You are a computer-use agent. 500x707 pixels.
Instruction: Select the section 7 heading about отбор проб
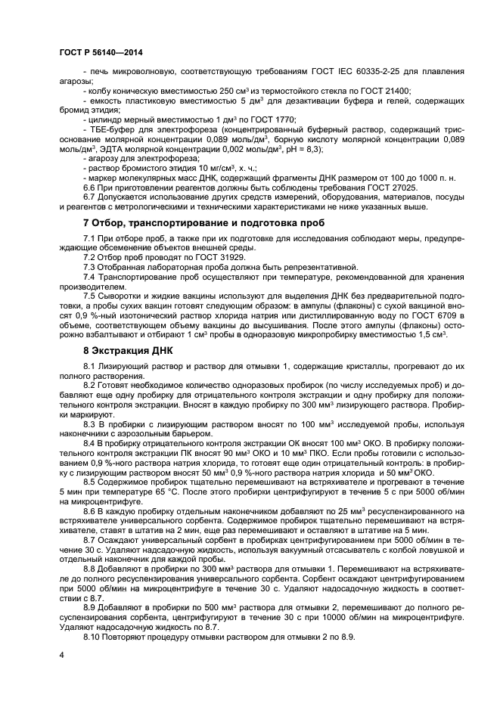[203, 223]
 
